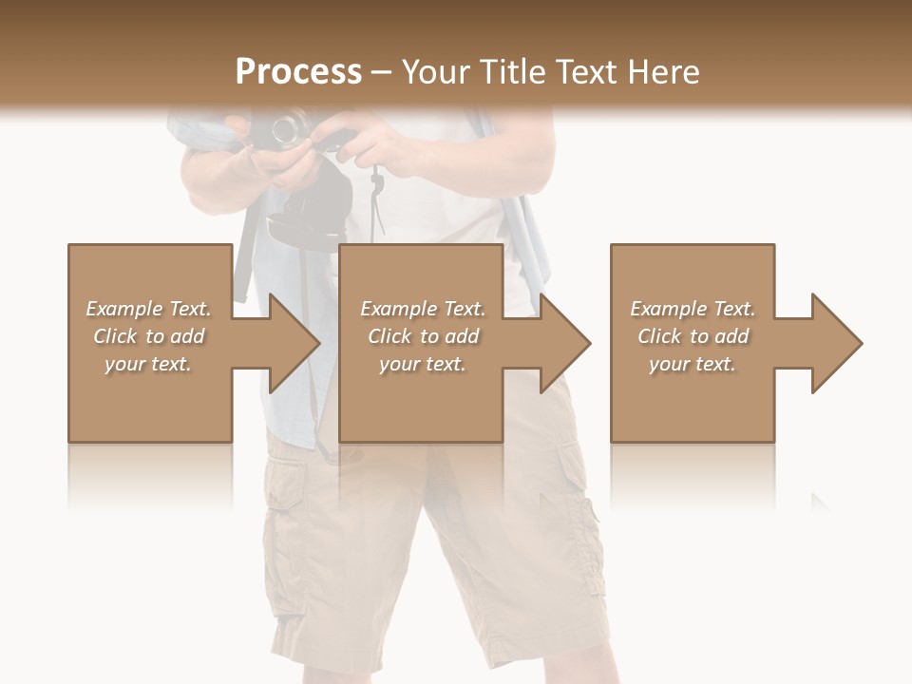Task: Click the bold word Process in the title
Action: pyautogui.click(x=298, y=72)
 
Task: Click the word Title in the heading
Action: pyautogui.click(x=515, y=72)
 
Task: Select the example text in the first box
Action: pyautogui.click(x=149, y=336)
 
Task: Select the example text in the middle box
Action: pyautogui.click(x=423, y=336)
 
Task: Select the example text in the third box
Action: pyautogui.click(x=693, y=336)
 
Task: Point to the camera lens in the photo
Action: pyautogui.click(x=288, y=129)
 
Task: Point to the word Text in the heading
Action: pyautogui.click(x=587, y=72)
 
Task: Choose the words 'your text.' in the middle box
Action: pyautogui.click(x=423, y=364)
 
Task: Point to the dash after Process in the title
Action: pyautogui.click(x=382, y=72)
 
